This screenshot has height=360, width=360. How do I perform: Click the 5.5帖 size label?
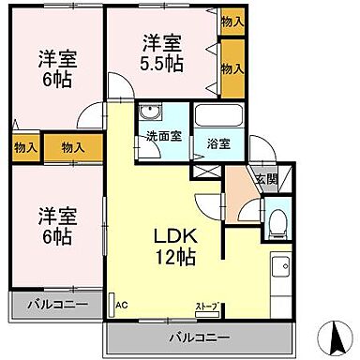pos(163,64)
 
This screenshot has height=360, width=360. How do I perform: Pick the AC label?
pos(120,305)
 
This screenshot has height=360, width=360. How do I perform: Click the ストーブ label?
pos(205,306)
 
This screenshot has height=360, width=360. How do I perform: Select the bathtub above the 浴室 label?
pos(218,117)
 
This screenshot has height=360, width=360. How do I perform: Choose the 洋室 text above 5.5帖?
pos(161,43)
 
